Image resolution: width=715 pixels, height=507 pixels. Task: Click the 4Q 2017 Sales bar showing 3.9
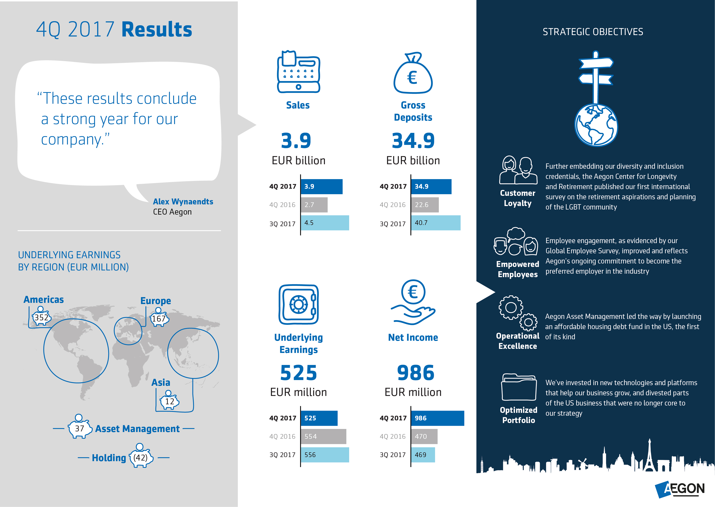(x=321, y=186)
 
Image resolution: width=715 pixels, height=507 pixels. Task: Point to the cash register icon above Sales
(x=298, y=72)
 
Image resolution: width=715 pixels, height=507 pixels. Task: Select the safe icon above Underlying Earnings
(x=298, y=304)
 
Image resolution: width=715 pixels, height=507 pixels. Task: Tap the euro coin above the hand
(x=413, y=292)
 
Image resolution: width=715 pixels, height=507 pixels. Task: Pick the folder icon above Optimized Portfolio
(x=519, y=387)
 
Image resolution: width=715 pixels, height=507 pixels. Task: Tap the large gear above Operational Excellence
(x=510, y=308)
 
